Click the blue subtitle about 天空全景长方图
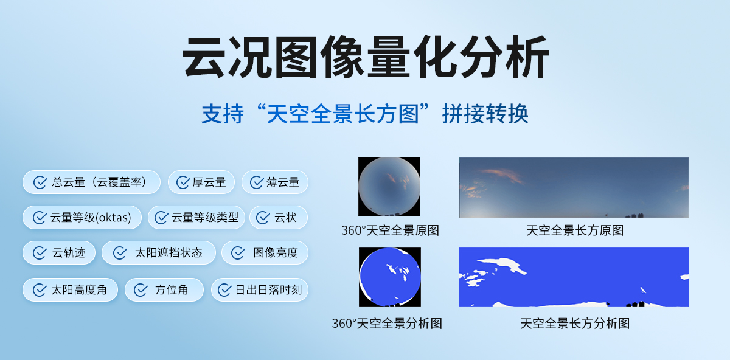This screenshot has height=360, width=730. pyautogui.click(x=365, y=114)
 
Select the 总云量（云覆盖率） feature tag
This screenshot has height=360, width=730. pyautogui.click(x=91, y=182)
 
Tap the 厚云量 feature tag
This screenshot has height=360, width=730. pyautogui.click(x=201, y=182)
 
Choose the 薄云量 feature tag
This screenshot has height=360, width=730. pyautogui.click(x=275, y=182)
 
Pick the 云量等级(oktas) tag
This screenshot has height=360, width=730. pyautogui.click(x=82, y=217)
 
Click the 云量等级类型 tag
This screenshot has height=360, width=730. pyautogui.click(x=196, y=217)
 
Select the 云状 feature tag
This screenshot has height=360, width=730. pyautogui.click(x=279, y=217)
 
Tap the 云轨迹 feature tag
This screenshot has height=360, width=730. pyautogui.click(x=59, y=253)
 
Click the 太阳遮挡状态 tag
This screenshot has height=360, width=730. pyautogui.click(x=159, y=253)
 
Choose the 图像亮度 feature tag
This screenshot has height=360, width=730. pyautogui.click(x=265, y=253)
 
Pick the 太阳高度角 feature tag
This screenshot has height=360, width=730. pyautogui.click(x=71, y=289)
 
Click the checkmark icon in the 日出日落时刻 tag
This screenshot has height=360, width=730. pyautogui.click(x=224, y=290)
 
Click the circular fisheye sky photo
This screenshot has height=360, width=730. pyautogui.click(x=389, y=187)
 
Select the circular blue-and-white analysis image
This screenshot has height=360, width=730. pyautogui.click(x=389, y=277)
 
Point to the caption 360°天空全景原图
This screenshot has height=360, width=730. pyautogui.click(x=390, y=231)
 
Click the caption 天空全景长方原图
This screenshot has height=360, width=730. pyautogui.click(x=574, y=231)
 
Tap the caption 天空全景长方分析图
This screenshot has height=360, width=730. pyautogui.click(x=574, y=324)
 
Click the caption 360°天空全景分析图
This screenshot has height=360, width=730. pyautogui.click(x=387, y=324)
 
